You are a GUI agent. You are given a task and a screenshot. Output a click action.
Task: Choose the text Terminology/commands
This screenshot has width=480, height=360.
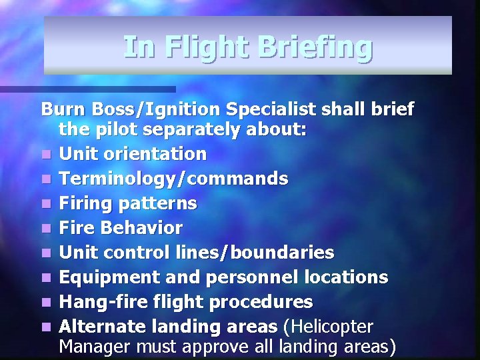pos(173,179)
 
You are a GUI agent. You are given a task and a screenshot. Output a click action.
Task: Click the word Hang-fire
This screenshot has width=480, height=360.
pos(98,302)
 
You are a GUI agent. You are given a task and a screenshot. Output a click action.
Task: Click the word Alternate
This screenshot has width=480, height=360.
pos(99,327)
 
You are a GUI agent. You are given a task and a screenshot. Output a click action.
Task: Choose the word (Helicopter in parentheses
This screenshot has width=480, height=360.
pos(329,327)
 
